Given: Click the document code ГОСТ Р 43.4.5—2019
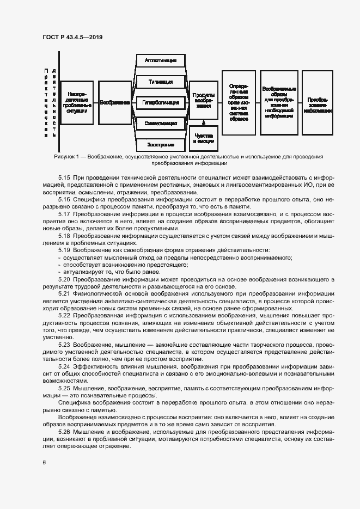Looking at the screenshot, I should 72,37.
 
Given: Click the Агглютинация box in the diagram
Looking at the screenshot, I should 160,60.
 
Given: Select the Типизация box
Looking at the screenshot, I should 160,82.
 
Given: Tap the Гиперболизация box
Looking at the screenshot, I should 160,102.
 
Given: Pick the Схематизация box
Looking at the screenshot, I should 160,124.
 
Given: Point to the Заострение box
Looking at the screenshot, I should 160,145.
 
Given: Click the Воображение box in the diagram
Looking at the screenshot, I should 115,102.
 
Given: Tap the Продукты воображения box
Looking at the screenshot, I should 203,100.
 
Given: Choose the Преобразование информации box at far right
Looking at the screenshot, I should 318,103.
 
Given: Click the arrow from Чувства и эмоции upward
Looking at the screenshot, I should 203,123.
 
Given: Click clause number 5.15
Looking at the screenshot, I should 64,177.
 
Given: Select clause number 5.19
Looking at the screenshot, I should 64,249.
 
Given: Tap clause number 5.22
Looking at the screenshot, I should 64,315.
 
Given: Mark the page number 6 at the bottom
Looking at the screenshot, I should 44,462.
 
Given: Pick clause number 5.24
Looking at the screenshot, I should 64,366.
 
